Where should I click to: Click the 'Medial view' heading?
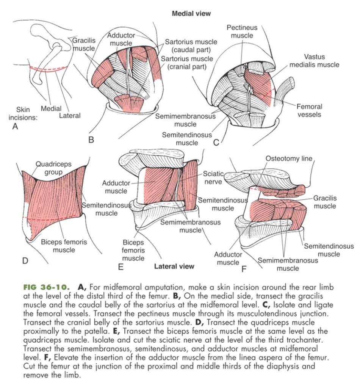191,14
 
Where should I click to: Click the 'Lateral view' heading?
174,266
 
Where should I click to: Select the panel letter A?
15,127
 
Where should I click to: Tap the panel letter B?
91,139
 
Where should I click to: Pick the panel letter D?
25,261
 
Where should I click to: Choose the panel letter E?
121,267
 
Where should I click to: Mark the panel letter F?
244,269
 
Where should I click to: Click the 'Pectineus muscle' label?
242,31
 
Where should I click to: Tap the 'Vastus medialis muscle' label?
314,61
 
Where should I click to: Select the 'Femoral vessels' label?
309,110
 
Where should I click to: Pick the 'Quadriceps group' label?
53,168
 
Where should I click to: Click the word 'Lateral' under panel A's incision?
70,116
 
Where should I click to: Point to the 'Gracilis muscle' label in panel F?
325,202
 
